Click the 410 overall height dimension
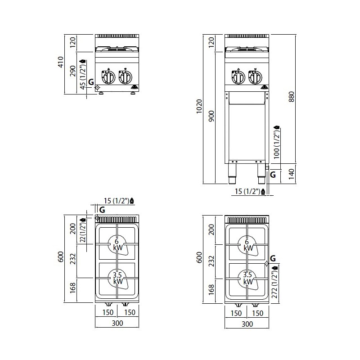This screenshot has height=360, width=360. pos(61,62)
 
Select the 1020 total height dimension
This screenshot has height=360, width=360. pos(199,106)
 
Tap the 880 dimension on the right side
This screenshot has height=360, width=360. pos(291,97)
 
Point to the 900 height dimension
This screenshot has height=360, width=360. pos(211,116)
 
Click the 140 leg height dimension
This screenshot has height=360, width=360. pos(291,174)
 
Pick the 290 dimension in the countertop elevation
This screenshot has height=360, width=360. pos(73,71)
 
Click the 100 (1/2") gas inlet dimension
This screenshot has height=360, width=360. pos(276,142)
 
